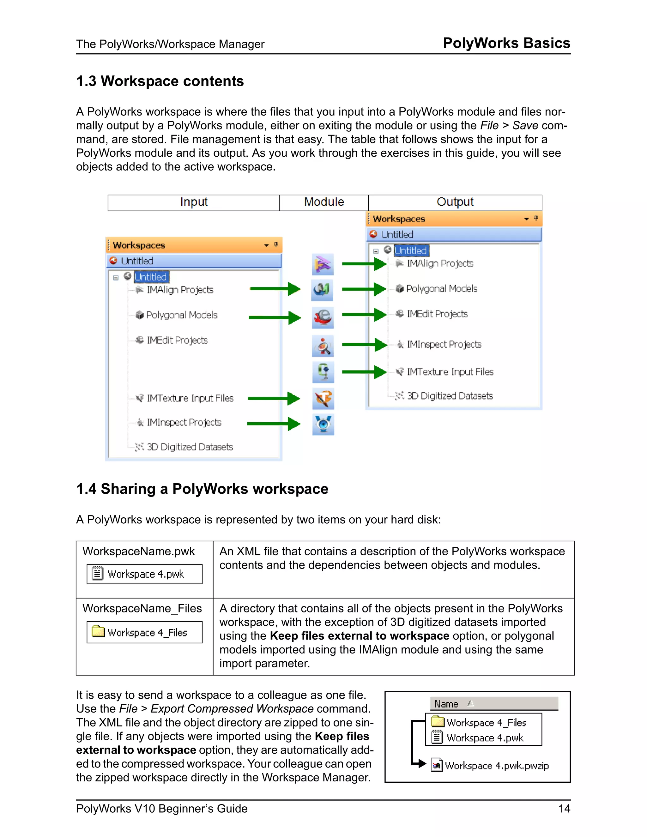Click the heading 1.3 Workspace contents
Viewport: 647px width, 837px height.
tap(160, 81)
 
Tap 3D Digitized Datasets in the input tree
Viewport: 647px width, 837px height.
tap(189, 447)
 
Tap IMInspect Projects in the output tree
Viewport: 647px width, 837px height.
tap(444, 344)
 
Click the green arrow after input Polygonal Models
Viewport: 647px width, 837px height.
tap(275, 317)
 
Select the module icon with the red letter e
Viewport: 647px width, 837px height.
tap(323, 317)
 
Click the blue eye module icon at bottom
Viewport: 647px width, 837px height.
tap(323, 424)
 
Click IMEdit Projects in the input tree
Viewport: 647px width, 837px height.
tap(177, 340)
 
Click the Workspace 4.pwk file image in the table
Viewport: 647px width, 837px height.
tap(144, 574)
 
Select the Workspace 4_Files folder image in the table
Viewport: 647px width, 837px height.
tap(144, 632)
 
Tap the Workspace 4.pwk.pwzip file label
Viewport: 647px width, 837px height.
tap(497, 766)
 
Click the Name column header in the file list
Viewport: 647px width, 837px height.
tap(446, 704)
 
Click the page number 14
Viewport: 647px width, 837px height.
tap(564, 809)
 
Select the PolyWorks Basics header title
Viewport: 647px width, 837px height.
tap(506, 43)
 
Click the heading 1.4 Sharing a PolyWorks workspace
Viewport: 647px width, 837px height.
tap(202, 489)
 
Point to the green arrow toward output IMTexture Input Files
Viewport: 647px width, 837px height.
tap(364, 372)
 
